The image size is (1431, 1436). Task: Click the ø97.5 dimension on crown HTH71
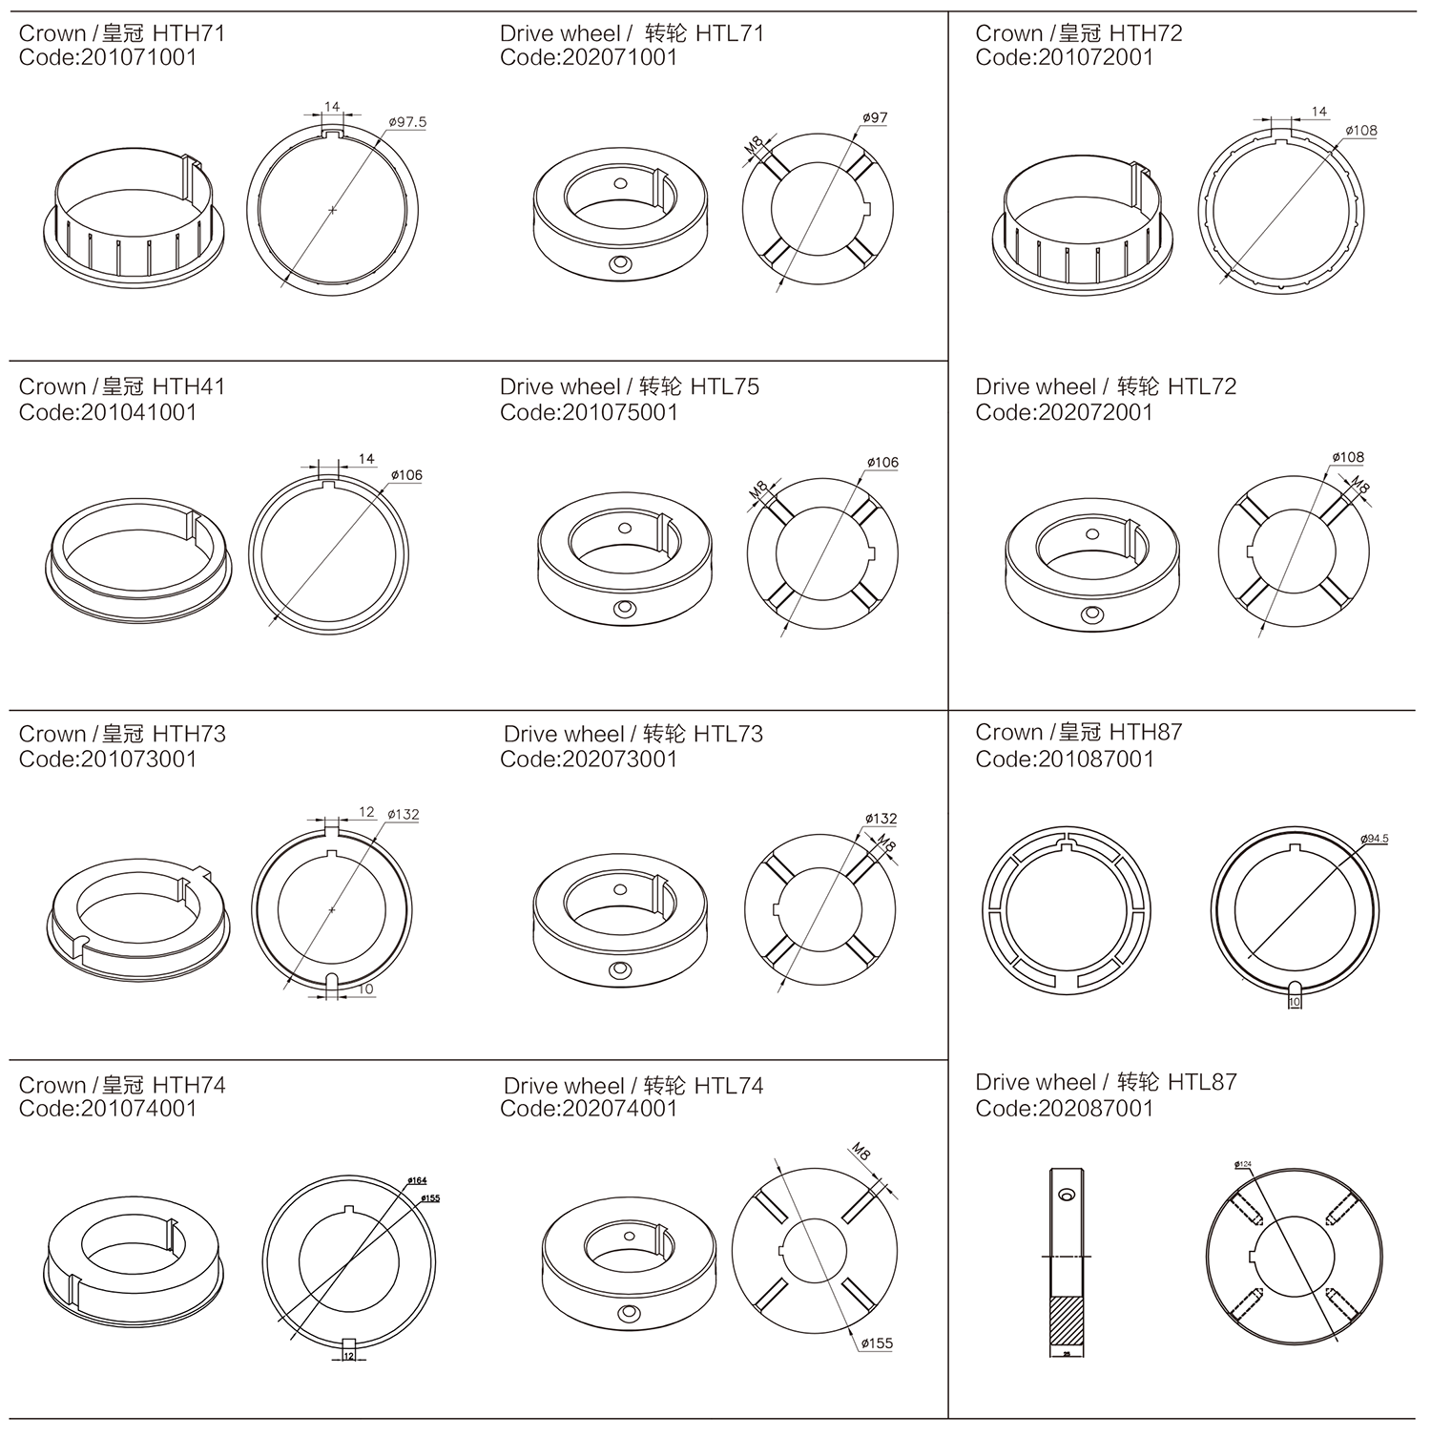408,122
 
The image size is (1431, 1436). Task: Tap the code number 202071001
620,57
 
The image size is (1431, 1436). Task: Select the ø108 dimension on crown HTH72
1361,131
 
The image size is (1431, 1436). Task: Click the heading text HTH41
189,386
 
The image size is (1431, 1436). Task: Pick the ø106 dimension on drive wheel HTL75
882,463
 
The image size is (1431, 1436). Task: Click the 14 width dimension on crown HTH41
366,459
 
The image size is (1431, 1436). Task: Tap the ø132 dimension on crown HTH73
404,815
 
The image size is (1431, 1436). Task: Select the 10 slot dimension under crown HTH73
366,989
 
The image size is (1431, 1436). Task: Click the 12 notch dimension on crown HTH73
366,812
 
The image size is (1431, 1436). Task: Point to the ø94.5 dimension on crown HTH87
1375,839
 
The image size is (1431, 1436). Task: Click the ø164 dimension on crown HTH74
417,1180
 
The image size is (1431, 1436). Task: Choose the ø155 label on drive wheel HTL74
877,1343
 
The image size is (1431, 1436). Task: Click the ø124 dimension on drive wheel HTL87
1242,1164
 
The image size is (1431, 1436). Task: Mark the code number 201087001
1095,760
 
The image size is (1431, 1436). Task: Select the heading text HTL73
729,734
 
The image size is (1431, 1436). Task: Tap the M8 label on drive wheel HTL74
861,1152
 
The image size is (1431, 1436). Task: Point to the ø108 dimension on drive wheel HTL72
1348,457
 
